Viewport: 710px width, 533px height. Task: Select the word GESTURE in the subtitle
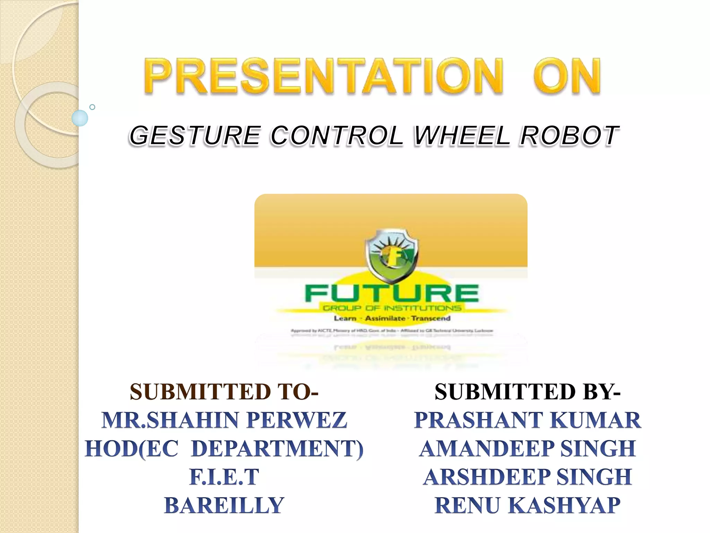pyautogui.click(x=195, y=135)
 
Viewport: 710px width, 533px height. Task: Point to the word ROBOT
pyautogui.click(x=569, y=135)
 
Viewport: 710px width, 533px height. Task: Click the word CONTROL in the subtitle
pyautogui.click(x=337, y=135)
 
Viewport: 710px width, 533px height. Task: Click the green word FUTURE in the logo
pyautogui.click(x=392, y=294)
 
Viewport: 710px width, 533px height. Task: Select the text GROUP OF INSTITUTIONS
pyautogui.click(x=392, y=308)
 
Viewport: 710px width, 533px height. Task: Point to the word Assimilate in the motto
pyautogui.click(x=385, y=318)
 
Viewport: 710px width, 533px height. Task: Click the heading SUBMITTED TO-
pyautogui.click(x=224, y=392)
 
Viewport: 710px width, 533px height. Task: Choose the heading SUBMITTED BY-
pyautogui.click(x=527, y=392)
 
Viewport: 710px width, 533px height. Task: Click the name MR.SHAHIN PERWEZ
pyautogui.click(x=224, y=420)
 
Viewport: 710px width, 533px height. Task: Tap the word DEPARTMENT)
pyautogui.click(x=277, y=448)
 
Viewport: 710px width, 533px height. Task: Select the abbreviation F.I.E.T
pyautogui.click(x=224, y=477)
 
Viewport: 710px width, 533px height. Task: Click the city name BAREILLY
pyautogui.click(x=224, y=505)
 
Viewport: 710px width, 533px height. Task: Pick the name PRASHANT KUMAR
pyautogui.click(x=527, y=420)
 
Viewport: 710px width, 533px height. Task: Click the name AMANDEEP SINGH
pyautogui.click(x=527, y=448)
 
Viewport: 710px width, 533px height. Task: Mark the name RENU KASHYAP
pyautogui.click(x=527, y=505)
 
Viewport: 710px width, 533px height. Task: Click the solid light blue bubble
pyautogui.click(x=80, y=118)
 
